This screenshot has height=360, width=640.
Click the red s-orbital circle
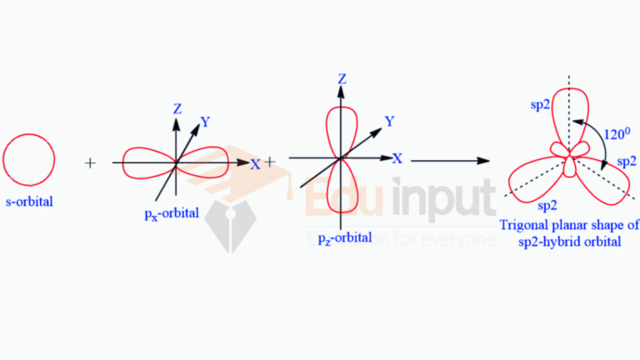click(x=29, y=160)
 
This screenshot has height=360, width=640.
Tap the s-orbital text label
click(x=29, y=202)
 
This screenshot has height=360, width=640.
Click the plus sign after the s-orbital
click(x=90, y=163)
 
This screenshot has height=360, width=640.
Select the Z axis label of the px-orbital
click(x=177, y=109)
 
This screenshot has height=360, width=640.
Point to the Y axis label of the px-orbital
click(x=205, y=122)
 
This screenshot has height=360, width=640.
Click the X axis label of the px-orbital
click(x=255, y=164)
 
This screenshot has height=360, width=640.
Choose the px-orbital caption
click(x=172, y=214)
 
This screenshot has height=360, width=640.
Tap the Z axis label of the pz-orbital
click(x=342, y=79)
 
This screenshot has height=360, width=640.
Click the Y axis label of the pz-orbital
click(x=389, y=121)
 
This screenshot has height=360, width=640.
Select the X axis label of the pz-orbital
click(x=397, y=158)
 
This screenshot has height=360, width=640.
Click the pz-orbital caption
click(x=345, y=238)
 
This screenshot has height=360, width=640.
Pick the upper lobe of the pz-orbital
click(x=342, y=132)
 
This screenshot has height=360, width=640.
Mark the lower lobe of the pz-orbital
click(x=342, y=186)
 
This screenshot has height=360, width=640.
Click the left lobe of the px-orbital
click(x=149, y=163)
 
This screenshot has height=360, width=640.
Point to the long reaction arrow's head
click(x=483, y=161)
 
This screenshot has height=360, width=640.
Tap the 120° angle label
click(x=617, y=133)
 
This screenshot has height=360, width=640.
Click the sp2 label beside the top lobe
click(x=540, y=105)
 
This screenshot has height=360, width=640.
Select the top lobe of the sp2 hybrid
click(x=570, y=120)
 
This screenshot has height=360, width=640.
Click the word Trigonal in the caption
click(x=523, y=225)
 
